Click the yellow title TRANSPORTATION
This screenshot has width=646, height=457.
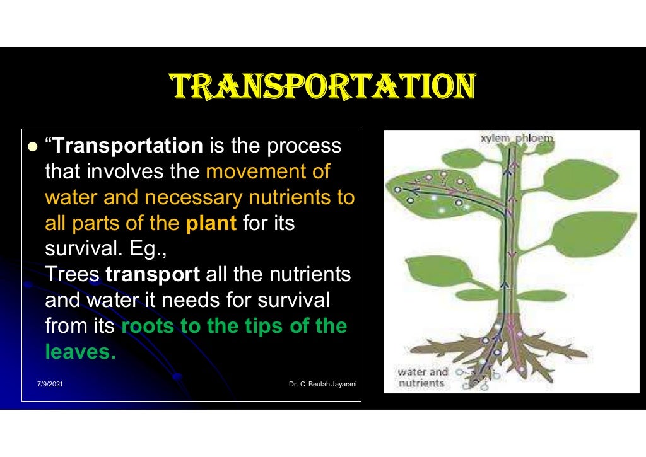click(x=322, y=88)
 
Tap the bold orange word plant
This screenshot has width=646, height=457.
click(x=211, y=224)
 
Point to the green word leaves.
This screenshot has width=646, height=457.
click(x=80, y=352)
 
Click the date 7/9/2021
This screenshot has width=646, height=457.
click(x=50, y=384)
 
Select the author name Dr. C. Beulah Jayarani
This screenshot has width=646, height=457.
click(x=322, y=384)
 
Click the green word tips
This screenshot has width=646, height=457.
click(x=247, y=327)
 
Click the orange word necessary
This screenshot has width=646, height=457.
click(x=192, y=198)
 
